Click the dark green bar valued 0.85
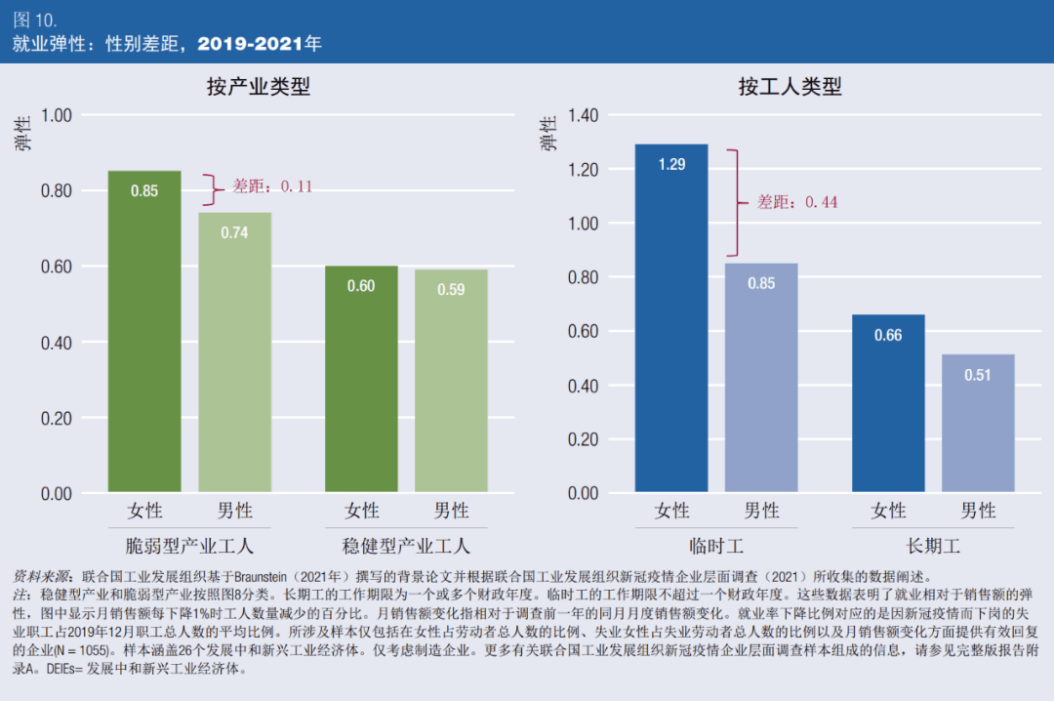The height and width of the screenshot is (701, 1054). pos(144,332)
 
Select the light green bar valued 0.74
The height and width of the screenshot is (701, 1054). pos(234,352)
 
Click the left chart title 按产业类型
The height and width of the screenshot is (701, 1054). pos(259,87)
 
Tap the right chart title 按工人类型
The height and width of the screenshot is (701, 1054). pos(790,87)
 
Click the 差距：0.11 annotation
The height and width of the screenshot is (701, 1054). pos(271,186)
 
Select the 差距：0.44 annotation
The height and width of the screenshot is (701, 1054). pos(797,202)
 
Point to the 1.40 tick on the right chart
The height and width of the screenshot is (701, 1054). pos(583,115)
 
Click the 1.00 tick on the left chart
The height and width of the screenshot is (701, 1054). pos(57,115)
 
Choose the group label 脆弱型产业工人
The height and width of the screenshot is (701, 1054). pos(189,545)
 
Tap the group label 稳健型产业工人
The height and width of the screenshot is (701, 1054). pos(406,545)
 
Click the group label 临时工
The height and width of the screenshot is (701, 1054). pos(715,545)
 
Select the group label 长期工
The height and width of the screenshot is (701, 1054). pos(933,545)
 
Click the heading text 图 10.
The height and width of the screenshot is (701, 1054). pos(35,20)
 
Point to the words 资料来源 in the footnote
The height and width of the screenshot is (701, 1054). pos(42,576)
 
